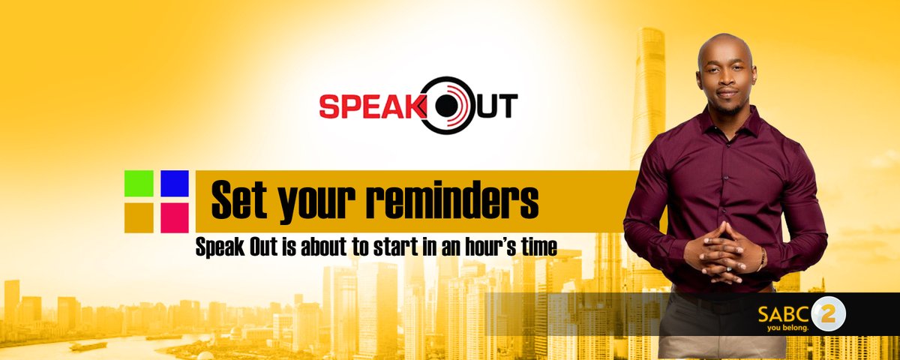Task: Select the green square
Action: (139, 184)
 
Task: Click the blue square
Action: (174, 184)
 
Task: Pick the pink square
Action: (174, 217)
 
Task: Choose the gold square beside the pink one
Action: (139, 217)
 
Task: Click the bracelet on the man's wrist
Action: (762, 259)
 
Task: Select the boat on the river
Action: (88, 346)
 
